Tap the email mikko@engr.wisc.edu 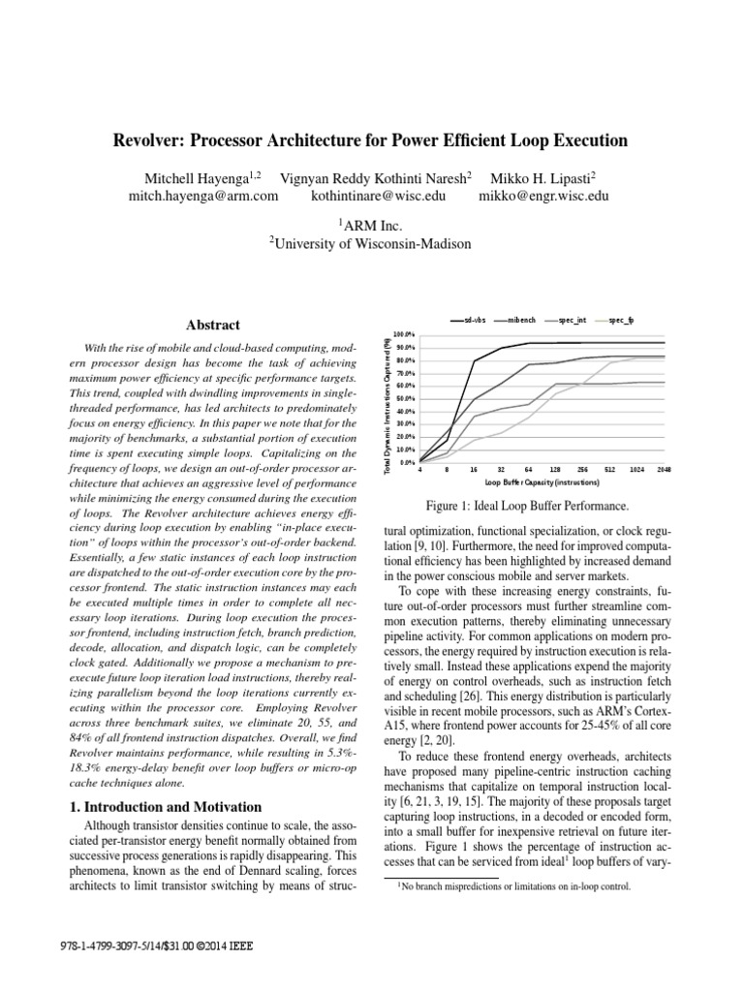[544, 195]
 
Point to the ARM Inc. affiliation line [371, 224]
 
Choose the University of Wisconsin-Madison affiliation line [370, 244]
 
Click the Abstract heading [212, 325]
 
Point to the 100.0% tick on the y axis [405, 334]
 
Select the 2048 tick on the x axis [664, 470]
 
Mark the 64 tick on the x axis [529, 470]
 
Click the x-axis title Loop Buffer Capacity [541, 481]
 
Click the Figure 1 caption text [528, 506]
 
